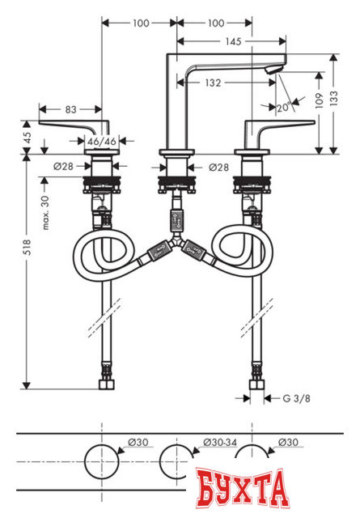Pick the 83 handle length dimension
71,107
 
